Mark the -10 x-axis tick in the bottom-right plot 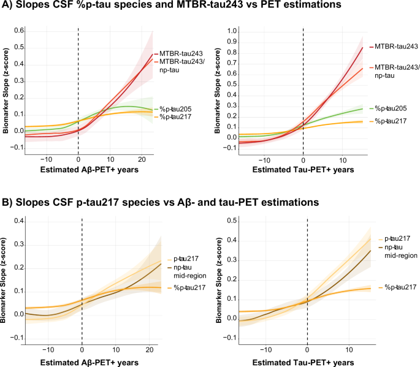265,349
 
